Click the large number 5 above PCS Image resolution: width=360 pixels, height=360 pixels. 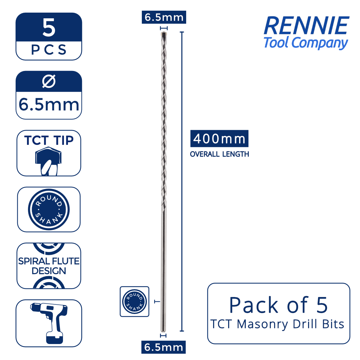(x=49, y=28)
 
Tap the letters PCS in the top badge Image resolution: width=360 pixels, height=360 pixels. (x=49, y=50)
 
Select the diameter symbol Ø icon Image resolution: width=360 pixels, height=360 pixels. (x=49, y=81)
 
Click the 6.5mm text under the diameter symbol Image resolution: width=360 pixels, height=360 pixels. (x=49, y=105)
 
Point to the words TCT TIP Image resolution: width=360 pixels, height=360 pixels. (x=49, y=140)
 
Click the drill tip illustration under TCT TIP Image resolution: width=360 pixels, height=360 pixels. (x=48, y=161)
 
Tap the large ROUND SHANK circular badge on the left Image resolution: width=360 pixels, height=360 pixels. (x=49, y=209)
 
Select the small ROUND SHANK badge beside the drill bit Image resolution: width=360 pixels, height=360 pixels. (x=135, y=301)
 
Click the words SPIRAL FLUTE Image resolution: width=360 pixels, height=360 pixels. (x=49, y=261)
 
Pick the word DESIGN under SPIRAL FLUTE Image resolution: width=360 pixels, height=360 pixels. (x=49, y=271)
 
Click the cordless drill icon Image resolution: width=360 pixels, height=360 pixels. (x=49, y=323)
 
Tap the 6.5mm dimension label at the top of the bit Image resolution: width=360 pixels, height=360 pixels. (x=164, y=17)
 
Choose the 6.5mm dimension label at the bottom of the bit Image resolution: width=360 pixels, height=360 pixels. (x=164, y=347)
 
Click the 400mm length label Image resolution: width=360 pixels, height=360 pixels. (x=219, y=139)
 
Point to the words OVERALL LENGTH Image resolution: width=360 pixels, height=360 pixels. (x=219, y=154)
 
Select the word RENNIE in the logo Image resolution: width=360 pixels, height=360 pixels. (x=306, y=26)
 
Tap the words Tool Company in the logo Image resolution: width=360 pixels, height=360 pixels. (x=306, y=43)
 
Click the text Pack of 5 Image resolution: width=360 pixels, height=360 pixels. (x=278, y=305)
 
